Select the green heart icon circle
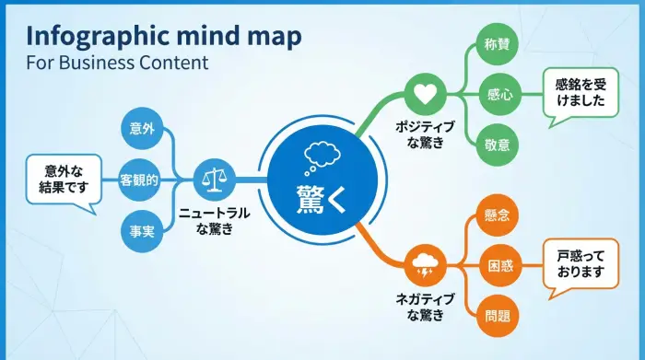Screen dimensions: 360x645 tap(426, 94)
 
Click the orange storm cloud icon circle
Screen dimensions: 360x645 tap(426, 266)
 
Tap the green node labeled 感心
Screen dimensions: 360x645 tap(499, 93)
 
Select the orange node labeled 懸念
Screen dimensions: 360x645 tap(498, 215)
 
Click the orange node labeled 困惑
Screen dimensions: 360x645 tap(498, 266)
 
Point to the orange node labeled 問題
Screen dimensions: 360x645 tap(498, 317)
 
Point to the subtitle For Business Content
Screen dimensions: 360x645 tap(117, 64)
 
